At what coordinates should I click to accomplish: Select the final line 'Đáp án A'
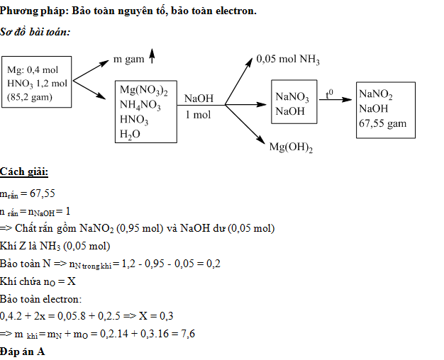[x=23, y=351]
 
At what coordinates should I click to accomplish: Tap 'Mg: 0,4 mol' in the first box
[x=33, y=70]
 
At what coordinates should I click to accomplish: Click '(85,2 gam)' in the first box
[x=29, y=96]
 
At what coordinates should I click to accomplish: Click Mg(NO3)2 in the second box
[x=143, y=91]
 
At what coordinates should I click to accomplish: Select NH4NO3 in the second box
[x=140, y=106]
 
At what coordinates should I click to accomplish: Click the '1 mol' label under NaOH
[x=198, y=114]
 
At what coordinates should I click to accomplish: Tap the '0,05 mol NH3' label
[x=288, y=61]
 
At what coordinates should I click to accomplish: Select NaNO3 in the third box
[x=292, y=97]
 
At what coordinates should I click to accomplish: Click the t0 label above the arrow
[x=330, y=93]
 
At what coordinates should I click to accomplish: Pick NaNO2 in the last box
[x=376, y=95]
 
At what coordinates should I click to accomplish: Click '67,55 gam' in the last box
[x=383, y=123]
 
